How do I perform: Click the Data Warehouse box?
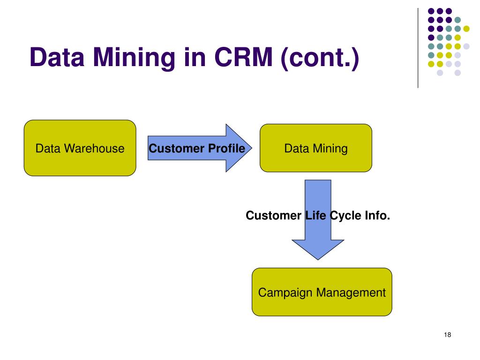(x=80, y=148)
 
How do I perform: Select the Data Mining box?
(x=316, y=148)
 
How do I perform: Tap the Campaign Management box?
(x=322, y=292)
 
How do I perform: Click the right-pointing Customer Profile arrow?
(x=200, y=148)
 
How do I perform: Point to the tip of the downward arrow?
(x=318, y=260)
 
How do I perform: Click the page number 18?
(x=447, y=335)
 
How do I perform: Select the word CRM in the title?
(x=243, y=57)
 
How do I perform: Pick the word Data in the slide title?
(x=57, y=57)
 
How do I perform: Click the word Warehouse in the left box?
(x=94, y=149)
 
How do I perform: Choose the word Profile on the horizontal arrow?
(x=226, y=149)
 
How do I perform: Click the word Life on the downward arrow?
(x=315, y=216)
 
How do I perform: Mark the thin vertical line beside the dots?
(x=418, y=48)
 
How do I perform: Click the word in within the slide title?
(x=195, y=57)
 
